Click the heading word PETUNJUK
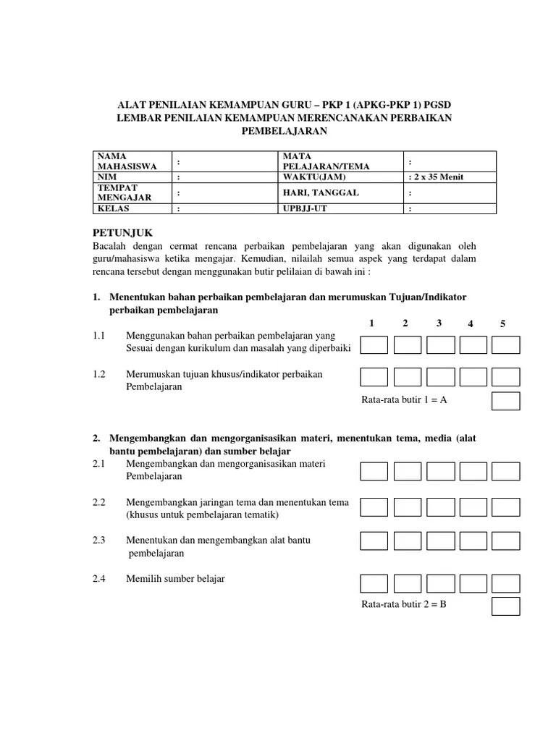124,232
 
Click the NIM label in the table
106,177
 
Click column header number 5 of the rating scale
502,323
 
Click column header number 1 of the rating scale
371,323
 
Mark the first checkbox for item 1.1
374,345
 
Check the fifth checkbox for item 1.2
506,377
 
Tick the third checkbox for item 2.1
440,472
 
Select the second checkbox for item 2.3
407,541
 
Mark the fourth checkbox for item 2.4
473,583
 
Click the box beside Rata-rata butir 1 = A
506,401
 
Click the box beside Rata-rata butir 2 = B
506,606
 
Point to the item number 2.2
99,502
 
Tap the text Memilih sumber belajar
175,578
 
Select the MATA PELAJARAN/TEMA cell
316,161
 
